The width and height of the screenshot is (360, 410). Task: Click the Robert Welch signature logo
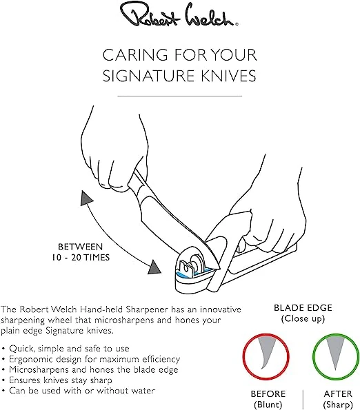tap(179, 17)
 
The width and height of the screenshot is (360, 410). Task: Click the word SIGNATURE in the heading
tap(148, 76)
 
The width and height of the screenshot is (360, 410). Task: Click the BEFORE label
tap(268, 393)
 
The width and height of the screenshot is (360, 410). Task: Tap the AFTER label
tap(338, 393)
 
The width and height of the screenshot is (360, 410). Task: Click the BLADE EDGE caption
tap(303, 308)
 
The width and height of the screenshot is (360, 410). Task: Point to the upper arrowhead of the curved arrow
tap(86, 198)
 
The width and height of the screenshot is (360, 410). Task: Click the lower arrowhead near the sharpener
tap(154, 267)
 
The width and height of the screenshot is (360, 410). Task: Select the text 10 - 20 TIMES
tap(80, 258)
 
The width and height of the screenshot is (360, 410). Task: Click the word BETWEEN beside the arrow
tap(80, 247)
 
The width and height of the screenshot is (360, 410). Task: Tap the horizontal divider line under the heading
tap(180, 96)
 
